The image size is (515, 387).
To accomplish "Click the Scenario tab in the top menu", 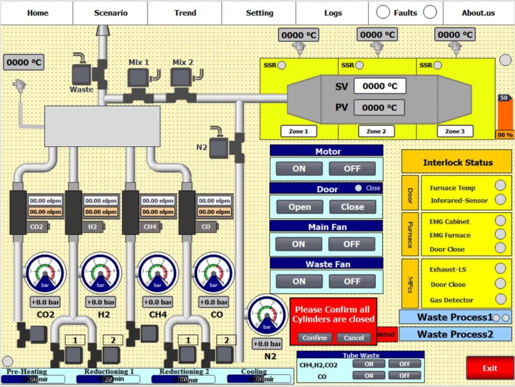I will click(111, 13).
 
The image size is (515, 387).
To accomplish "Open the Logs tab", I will click(332, 13).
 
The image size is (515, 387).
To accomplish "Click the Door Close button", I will click(352, 207).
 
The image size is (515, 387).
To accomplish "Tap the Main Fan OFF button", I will click(352, 244).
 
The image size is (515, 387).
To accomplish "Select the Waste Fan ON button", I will click(298, 281).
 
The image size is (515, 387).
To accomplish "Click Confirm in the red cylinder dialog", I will click(315, 338).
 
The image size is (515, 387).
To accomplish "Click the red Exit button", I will click(489, 368).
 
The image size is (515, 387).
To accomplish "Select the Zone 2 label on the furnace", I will click(376, 131).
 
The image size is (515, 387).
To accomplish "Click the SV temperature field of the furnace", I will click(379, 86).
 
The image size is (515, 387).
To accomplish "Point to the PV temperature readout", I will click(379, 108).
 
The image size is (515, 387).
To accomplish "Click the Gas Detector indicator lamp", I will click(500, 299).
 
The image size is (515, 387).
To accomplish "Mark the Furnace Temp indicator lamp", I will click(500, 185).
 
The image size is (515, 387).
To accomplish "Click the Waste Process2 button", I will click(455, 334).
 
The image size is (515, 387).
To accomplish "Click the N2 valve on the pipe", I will click(220, 147).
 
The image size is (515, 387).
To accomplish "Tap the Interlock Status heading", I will click(457, 162).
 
